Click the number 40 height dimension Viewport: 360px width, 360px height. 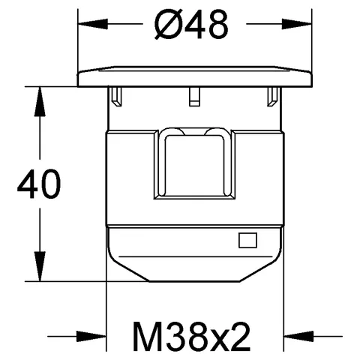coord(37,185)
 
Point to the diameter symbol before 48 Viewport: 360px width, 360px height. coord(166,27)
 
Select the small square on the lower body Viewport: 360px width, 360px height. coord(247,241)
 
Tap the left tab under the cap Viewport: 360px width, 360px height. coord(117,95)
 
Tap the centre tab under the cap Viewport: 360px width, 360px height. coord(194,94)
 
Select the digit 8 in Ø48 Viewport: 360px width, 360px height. coord(214,27)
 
